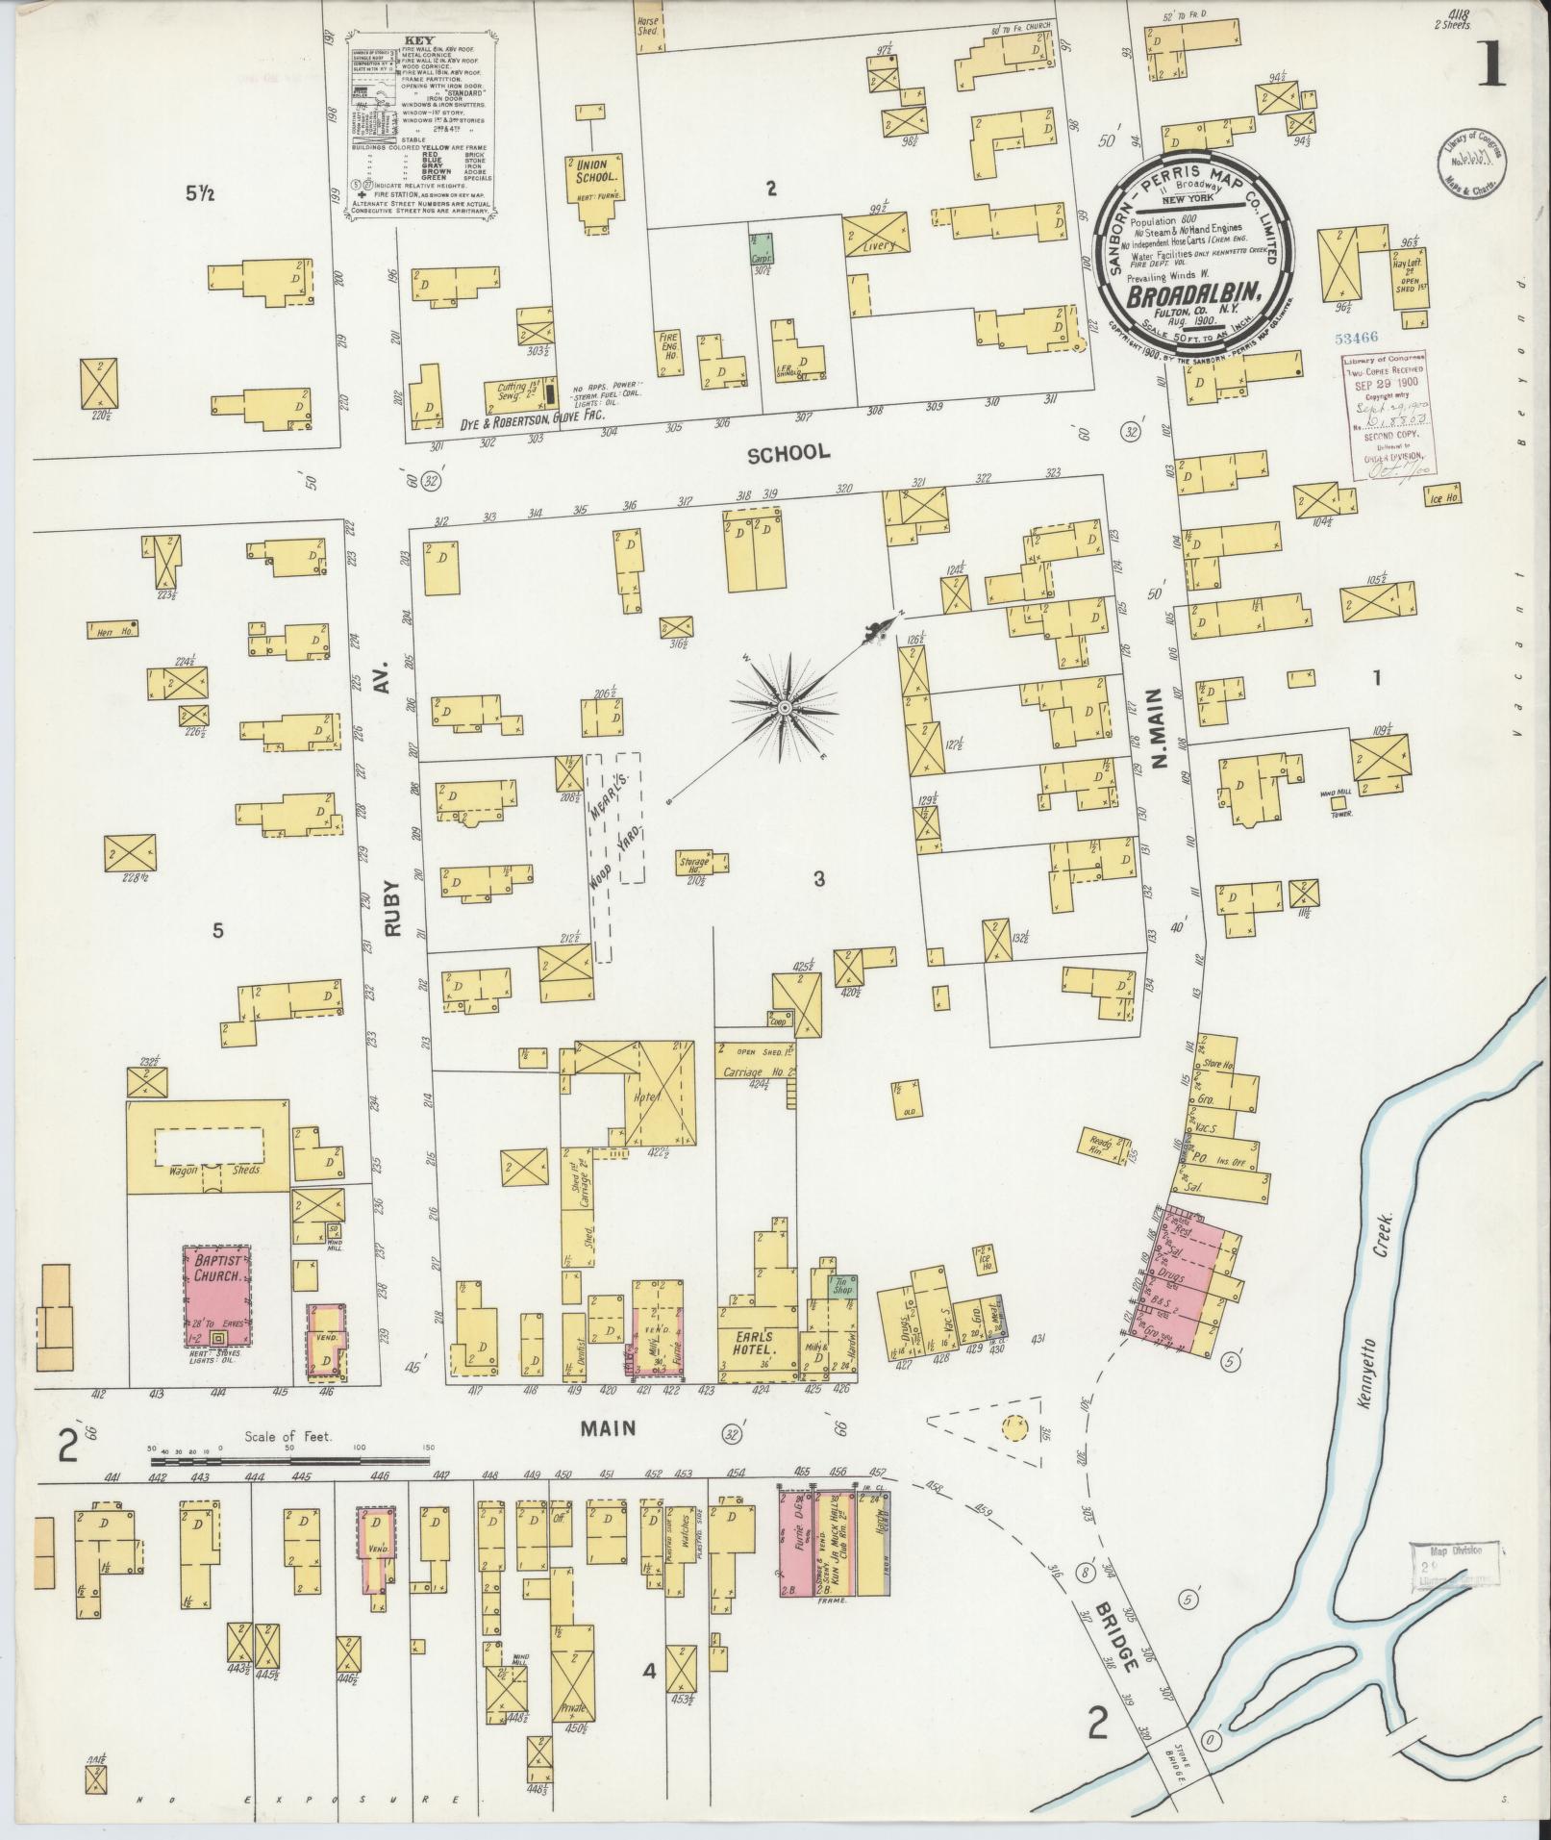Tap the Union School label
[x=590, y=170]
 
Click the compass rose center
[x=784, y=707]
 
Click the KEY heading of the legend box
[x=422, y=41]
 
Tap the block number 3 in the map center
[x=818, y=877]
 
